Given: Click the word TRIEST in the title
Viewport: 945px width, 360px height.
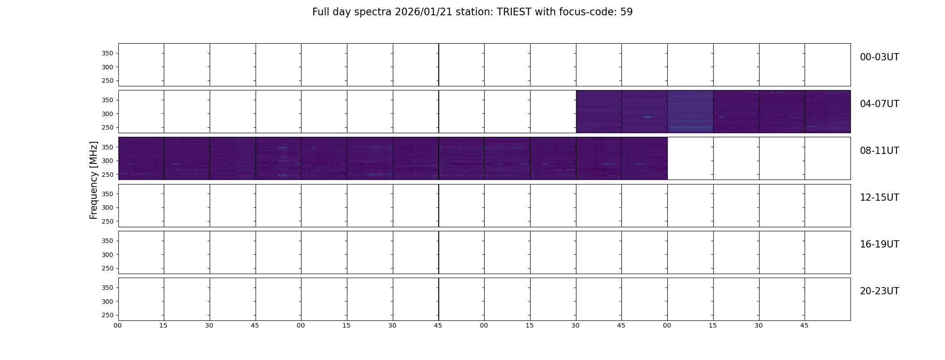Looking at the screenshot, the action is [514, 12].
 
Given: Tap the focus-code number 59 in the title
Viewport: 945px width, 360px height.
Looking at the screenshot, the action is [626, 12].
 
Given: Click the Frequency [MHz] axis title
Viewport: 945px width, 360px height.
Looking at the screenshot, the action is [94, 180].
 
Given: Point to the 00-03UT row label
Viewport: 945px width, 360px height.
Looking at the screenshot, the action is [879, 57].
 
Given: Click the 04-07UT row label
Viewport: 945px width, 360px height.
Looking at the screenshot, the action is [879, 104].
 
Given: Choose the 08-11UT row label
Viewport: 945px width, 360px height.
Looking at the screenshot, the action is [879, 151].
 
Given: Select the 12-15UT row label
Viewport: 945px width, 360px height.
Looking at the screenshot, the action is [879, 198].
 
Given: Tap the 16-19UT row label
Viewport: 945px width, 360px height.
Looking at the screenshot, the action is [879, 244].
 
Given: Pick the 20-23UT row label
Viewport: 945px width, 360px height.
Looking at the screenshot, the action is [879, 291].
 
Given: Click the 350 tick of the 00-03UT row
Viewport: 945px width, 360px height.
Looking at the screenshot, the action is [107, 53].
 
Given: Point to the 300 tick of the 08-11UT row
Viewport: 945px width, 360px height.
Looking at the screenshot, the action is [107, 161].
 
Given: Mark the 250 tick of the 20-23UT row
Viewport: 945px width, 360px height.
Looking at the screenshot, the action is [107, 315].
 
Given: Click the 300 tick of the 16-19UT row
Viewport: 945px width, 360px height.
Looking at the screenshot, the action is [107, 255].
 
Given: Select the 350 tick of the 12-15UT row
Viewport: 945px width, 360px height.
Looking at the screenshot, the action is [107, 194].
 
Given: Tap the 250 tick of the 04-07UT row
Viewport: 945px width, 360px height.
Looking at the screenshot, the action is [107, 127].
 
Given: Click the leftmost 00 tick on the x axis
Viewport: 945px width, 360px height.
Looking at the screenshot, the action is [117, 325].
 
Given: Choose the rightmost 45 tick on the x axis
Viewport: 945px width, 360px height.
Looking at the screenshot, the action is [804, 325].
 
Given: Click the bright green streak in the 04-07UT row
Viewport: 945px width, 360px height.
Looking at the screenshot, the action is [647, 117].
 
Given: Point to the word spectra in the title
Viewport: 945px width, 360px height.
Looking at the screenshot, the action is [373, 13].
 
